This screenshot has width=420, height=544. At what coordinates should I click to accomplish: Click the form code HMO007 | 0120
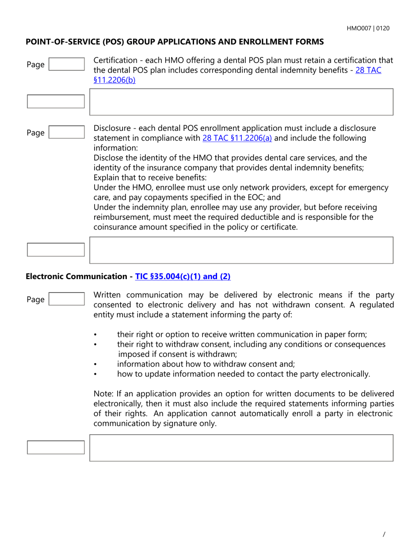click(x=368, y=28)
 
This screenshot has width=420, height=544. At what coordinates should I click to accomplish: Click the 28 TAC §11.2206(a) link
click(x=237, y=138)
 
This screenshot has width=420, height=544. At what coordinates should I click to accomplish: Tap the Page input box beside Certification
click(x=66, y=64)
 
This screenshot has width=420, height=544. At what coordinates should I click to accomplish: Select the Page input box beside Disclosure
click(x=66, y=132)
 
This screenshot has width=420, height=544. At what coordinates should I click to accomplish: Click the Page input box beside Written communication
click(x=66, y=299)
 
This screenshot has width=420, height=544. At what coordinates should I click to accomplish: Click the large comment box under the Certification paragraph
click(x=241, y=102)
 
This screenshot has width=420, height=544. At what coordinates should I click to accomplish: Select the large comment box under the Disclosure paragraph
click(x=241, y=250)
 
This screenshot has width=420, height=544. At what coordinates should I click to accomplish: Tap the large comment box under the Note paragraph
click(x=241, y=448)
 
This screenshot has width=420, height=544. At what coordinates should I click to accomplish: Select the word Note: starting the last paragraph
click(x=103, y=394)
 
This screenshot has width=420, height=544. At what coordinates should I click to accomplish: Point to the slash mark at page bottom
click(x=384, y=534)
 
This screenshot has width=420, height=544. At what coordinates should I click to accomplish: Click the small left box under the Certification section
click(x=56, y=101)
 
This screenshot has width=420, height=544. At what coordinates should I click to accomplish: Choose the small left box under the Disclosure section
click(x=56, y=249)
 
